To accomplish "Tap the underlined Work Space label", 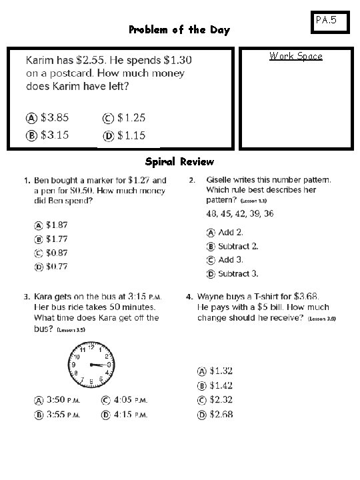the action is (295, 56).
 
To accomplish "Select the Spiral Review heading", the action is (179, 161).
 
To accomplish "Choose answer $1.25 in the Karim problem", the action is (124, 118).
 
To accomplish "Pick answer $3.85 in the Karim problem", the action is (48, 118).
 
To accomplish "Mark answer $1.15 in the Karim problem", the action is (124, 135).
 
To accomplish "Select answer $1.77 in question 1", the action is (51, 239).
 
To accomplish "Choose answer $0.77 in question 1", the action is (51, 267).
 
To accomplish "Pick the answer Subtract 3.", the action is (231, 273).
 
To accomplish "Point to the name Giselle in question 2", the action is (222, 180).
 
